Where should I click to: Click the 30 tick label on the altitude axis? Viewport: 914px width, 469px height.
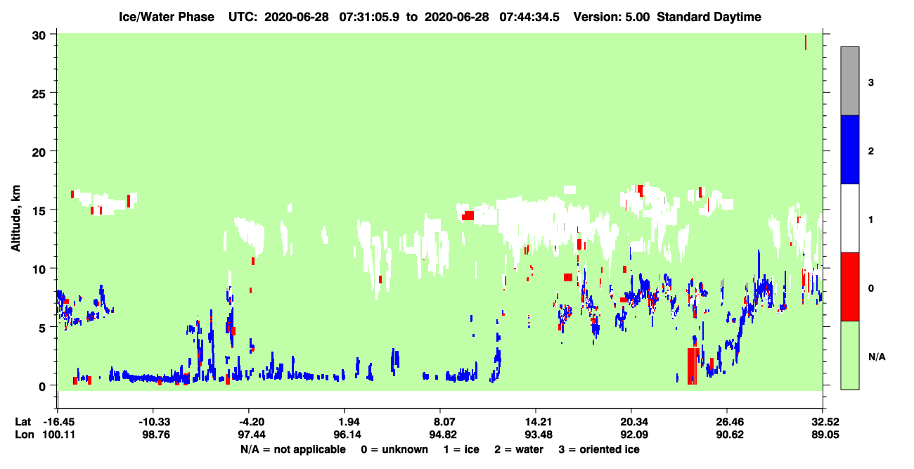pos(39,36)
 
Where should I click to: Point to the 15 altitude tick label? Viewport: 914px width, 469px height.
pos(39,211)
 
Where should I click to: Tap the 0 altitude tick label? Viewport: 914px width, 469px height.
pos(42,386)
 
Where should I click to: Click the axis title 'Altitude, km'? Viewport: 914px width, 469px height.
pos(15,219)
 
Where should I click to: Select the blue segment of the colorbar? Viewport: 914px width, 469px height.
pos(849,149)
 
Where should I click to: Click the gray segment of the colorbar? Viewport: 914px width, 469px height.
pos(849,81)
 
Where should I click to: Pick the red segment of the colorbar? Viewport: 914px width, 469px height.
pos(849,287)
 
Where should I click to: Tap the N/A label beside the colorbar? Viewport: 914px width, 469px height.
pos(877,356)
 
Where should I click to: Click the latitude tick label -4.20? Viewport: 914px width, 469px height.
pos(252,422)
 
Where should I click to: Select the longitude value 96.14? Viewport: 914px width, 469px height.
pos(347,435)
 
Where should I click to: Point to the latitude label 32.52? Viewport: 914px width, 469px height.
pos(825,422)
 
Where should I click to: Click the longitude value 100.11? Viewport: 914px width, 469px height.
pos(59,435)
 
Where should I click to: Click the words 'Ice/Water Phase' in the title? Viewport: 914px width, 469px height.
pos(167,17)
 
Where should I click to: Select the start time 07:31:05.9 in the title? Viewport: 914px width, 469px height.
pos(369,17)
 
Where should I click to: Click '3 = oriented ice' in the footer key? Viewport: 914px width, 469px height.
pos(599,449)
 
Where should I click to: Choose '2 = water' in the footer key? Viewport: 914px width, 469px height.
pos(519,449)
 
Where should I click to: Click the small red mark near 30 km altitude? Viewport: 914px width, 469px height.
pos(806,42)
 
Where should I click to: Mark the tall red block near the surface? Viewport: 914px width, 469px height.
pos(692,366)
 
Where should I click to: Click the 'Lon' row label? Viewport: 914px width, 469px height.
pos(25,435)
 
